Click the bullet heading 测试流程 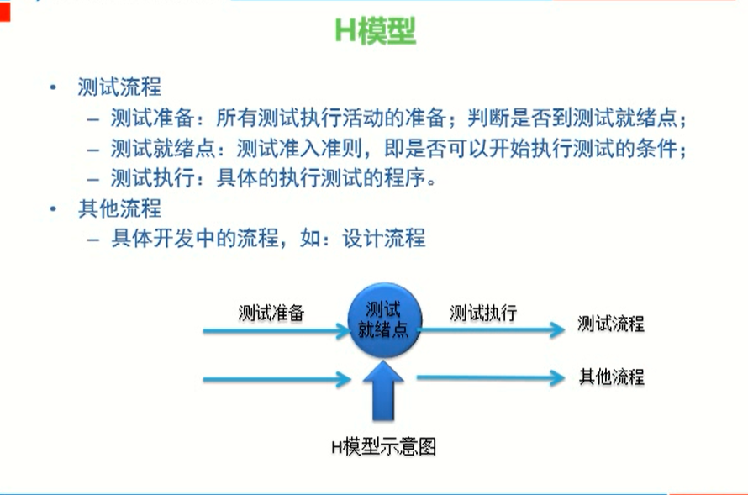click(x=119, y=87)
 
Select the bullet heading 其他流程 click(x=119, y=208)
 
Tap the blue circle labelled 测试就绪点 click(x=383, y=319)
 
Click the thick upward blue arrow click(x=384, y=391)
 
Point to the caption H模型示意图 click(x=383, y=445)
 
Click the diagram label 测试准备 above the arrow click(x=271, y=313)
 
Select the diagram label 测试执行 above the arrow click(x=483, y=313)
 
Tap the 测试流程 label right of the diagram click(x=611, y=324)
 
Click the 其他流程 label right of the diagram click(x=611, y=376)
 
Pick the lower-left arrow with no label click(x=276, y=380)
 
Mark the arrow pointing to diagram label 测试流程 click(x=492, y=329)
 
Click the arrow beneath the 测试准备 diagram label click(x=276, y=330)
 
